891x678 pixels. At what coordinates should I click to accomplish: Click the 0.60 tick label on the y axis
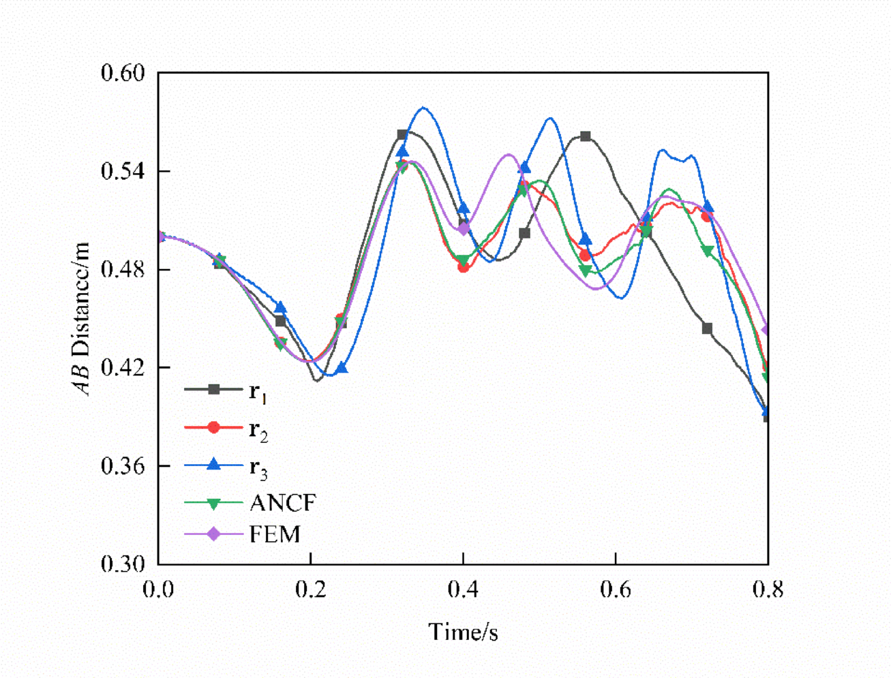123,72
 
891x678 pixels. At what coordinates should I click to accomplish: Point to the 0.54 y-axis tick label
123,170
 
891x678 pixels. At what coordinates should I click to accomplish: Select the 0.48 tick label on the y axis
123,269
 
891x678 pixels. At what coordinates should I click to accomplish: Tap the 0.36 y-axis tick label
123,466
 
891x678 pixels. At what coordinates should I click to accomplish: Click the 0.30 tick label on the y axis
123,564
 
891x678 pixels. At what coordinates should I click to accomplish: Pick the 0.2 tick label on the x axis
311,589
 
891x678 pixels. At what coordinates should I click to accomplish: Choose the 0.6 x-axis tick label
616,589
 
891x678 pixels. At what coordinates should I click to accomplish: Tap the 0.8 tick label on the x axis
768,589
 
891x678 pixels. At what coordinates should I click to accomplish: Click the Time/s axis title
463,632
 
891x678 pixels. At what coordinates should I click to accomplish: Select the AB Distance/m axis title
82,318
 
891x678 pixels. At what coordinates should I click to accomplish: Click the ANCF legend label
283,503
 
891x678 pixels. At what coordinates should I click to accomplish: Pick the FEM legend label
275,534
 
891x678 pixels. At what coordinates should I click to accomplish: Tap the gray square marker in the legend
214,390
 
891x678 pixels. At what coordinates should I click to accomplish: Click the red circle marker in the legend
214,427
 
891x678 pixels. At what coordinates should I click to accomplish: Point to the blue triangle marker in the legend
214,465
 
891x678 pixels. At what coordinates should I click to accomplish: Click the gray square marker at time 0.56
585,136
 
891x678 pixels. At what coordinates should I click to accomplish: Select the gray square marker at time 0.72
707,328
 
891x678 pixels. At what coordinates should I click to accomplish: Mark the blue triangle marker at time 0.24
342,368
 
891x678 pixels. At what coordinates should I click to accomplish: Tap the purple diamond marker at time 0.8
767,330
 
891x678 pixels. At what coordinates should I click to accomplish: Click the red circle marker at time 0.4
464,267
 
